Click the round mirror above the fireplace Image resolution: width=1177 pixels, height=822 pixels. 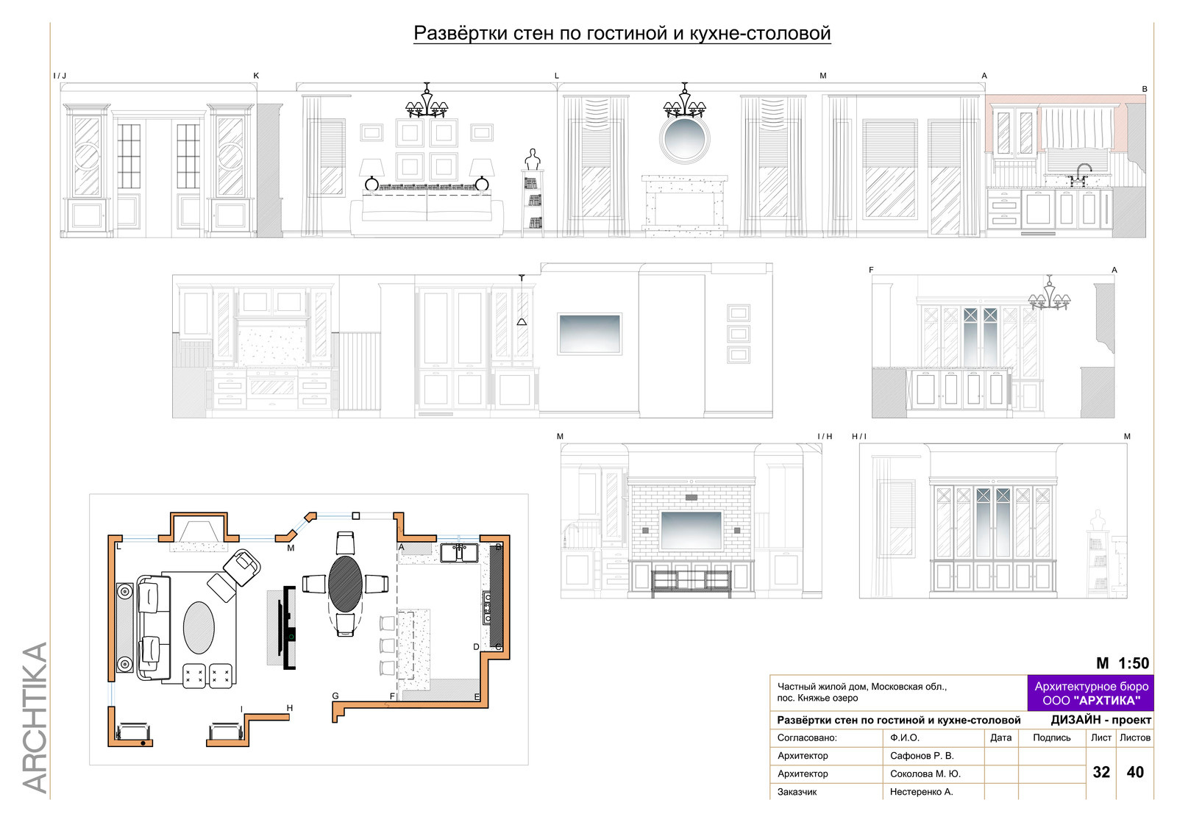click(x=684, y=139)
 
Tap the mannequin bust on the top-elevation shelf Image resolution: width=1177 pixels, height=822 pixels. click(x=533, y=160)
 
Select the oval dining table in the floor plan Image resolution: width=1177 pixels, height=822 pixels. click(x=345, y=584)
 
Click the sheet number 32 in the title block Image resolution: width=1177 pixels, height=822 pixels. click(x=1100, y=771)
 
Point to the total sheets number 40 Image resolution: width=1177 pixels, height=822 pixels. click(x=1135, y=771)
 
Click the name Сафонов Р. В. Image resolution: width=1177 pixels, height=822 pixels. click(x=922, y=756)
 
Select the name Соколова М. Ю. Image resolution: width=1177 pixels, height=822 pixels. click(x=925, y=773)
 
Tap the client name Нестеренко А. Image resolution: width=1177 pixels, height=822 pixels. click(x=921, y=792)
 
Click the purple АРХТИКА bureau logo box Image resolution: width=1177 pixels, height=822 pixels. click(x=1091, y=693)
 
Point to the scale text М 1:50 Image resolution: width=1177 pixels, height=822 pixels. click(x=1123, y=663)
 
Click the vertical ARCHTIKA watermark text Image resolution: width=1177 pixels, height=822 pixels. click(x=35, y=718)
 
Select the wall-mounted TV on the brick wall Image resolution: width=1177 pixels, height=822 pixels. click(x=691, y=530)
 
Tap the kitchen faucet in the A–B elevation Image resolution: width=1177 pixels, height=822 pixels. click(x=1082, y=174)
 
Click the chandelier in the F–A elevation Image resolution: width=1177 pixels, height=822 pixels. click(x=1049, y=295)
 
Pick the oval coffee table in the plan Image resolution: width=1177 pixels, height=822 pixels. click(x=199, y=628)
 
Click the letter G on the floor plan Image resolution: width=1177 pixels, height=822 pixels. click(x=335, y=696)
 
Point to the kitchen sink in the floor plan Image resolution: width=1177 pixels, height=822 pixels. click(x=459, y=553)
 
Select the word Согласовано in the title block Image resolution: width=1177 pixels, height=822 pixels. click(x=806, y=738)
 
